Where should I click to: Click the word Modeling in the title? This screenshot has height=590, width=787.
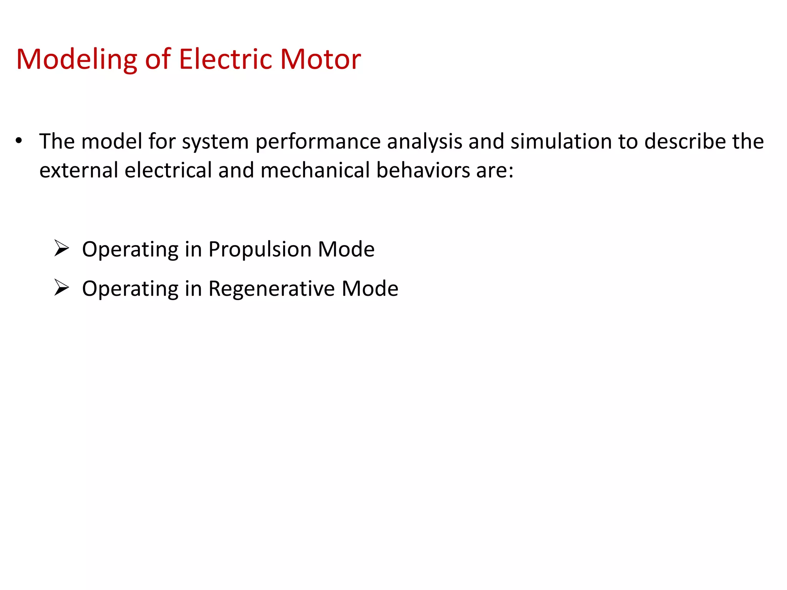tap(76, 60)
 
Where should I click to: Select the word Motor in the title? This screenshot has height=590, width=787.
tap(320, 59)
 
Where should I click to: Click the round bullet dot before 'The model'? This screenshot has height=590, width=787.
tap(19, 141)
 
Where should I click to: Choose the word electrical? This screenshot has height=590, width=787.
tap(168, 170)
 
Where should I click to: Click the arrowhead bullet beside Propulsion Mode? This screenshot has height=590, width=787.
tap(61, 248)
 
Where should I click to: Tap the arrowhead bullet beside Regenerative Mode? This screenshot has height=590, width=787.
tap(61, 287)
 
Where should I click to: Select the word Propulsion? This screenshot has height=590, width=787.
tap(260, 250)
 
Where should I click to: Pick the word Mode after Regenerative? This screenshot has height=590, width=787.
tap(370, 288)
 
